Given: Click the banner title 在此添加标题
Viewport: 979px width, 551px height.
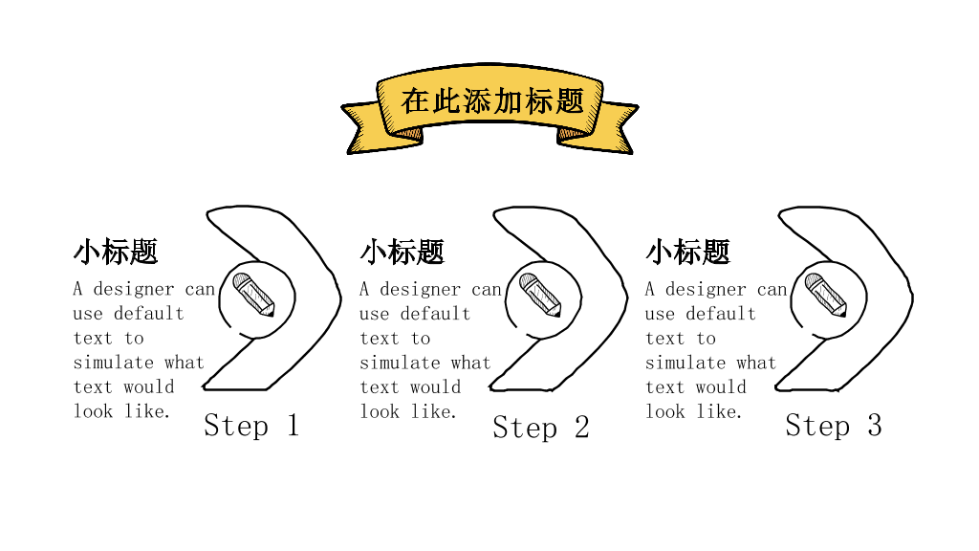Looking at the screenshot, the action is click(x=492, y=101).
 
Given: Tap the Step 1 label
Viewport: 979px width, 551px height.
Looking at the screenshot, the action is click(x=251, y=426).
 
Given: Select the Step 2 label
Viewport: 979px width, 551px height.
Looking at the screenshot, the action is click(x=541, y=428).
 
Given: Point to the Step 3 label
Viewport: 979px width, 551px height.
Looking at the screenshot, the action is click(x=834, y=426).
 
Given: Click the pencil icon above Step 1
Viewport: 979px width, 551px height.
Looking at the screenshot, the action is click(x=253, y=295).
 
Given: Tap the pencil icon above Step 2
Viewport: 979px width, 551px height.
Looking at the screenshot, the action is click(x=540, y=295).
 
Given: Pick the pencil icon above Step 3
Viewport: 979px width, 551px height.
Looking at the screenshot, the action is click(x=825, y=295).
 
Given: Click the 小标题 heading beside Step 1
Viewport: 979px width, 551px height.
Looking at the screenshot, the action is click(x=116, y=253).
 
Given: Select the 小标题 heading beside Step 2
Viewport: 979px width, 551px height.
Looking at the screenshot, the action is click(x=402, y=253).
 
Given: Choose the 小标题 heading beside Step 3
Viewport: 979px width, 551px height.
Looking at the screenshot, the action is click(x=687, y=253).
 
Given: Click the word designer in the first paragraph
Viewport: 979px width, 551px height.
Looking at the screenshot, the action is click(x=134, y=289).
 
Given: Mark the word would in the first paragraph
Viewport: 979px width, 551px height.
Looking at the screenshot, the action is click(x=148, y=387).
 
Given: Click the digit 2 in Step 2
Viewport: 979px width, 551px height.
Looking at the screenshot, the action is click(x=582, y=428).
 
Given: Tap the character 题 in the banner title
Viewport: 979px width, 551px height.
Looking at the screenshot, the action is click(x=569, y=101).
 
